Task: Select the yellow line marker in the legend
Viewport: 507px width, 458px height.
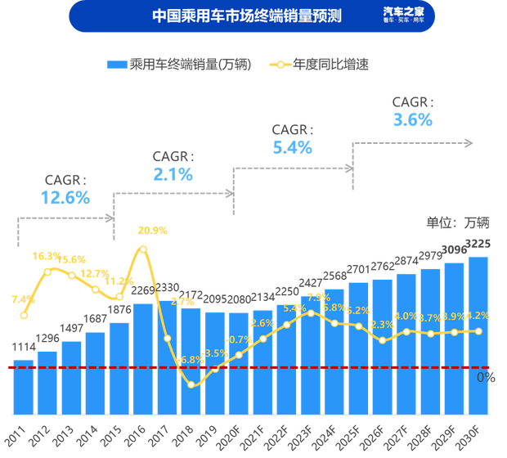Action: (x=281, y=64)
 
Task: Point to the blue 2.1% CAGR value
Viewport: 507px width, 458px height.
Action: (x=173, y=173)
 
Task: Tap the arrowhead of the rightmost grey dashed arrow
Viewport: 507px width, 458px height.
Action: (x=469, y=142)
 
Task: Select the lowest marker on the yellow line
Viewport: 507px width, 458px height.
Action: (x=191, y=384)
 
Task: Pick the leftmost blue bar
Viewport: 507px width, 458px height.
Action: (x=23, y=384)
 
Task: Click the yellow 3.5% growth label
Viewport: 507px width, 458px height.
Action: (x=216, y=353)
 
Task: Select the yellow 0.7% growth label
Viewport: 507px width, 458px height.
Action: (x=240, y=339)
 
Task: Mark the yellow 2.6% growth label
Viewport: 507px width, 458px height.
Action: (x=262, y=322)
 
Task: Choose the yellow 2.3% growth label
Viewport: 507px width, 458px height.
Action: (x=382, y=325)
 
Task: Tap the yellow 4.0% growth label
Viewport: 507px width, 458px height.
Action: (x=406, y=317)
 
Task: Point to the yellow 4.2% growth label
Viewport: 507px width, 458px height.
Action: (x=478, y=316)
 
